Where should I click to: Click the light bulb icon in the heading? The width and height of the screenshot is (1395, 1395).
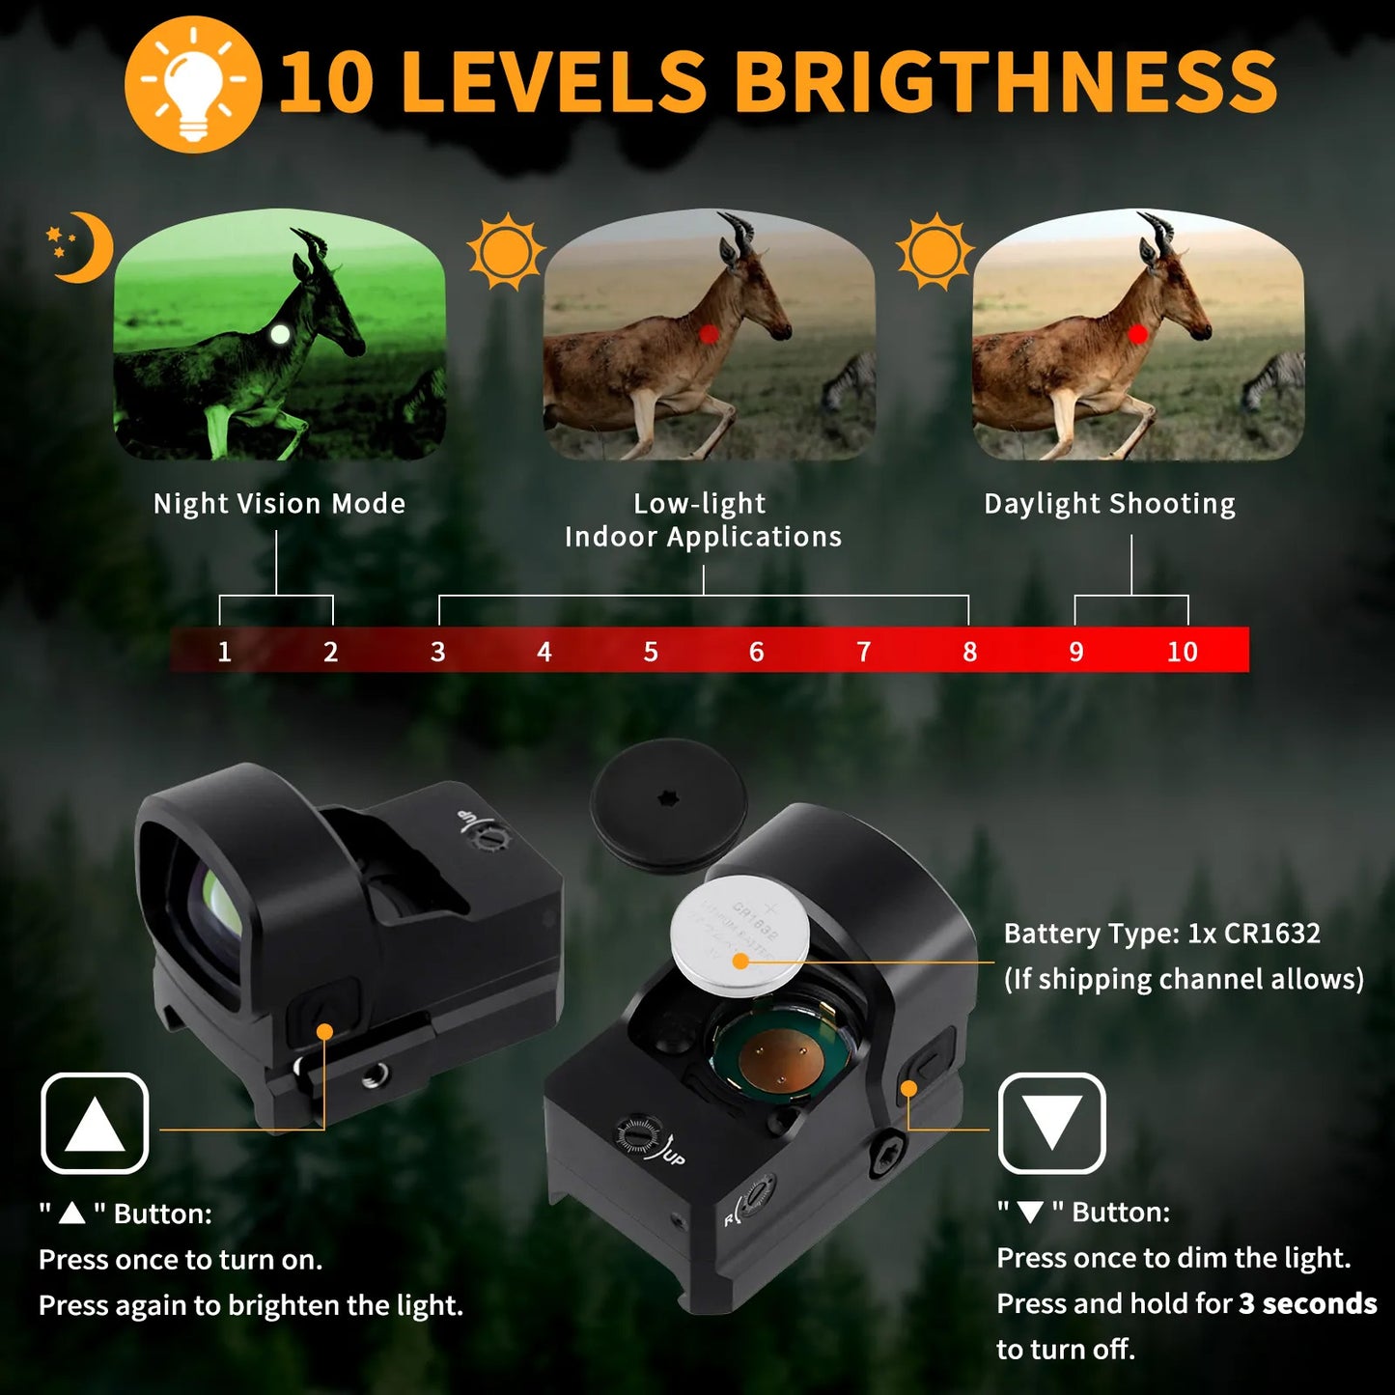(193, 85)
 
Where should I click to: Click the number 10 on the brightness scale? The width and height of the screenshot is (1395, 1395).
(1183, 652)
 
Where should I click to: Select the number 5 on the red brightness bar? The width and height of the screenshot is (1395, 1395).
(651, 652)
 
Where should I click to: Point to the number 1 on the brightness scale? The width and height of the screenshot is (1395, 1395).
(224, 652)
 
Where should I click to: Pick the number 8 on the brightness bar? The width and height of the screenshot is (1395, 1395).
(970, 652)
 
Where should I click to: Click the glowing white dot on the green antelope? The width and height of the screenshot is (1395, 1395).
(279, 334)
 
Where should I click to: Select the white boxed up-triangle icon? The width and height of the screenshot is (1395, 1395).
(95, 1123)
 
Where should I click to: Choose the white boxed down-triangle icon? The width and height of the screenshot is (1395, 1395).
(1052, 1123)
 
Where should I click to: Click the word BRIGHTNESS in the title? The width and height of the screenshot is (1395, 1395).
(1011, 81)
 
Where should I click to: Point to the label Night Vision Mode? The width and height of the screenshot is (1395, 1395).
(279, 503)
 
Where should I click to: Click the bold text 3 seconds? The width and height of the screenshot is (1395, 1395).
(1307, 1303)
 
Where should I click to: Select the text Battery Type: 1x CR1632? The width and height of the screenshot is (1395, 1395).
(1162, 934)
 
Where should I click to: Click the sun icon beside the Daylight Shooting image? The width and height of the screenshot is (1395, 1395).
(935, 251)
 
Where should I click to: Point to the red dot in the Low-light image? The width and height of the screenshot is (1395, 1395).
(709, 334)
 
